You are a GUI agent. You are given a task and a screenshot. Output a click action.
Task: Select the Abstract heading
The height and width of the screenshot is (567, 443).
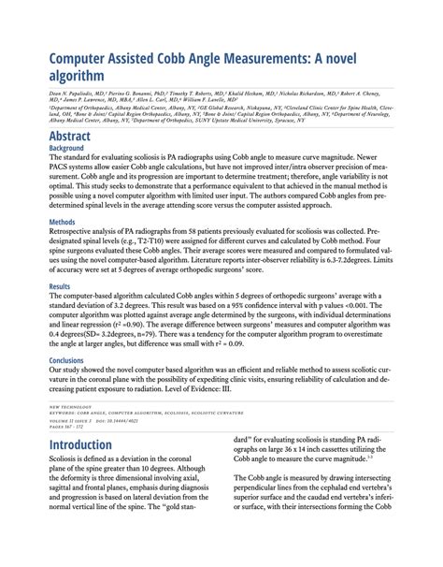click(x=78, y=136)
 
